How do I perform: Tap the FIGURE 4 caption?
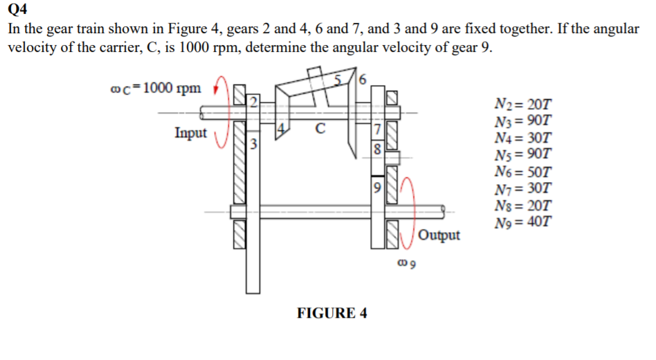click(332, 313)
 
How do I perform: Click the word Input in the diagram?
click(190, 132)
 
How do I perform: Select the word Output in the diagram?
click(439, 235)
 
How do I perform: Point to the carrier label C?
click(319, 128)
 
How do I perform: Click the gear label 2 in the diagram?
click(253, 103)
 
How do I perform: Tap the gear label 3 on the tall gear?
click(253, 145)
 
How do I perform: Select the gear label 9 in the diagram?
click(376, 186)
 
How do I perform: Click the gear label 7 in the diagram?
click(376, 130)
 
